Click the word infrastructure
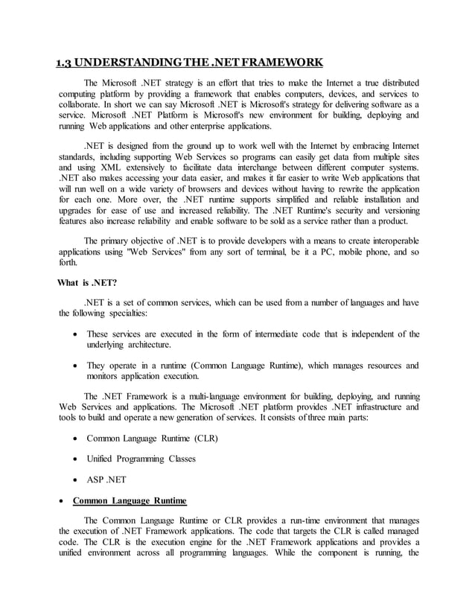[360, 407]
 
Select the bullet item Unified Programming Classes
[141, 459]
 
